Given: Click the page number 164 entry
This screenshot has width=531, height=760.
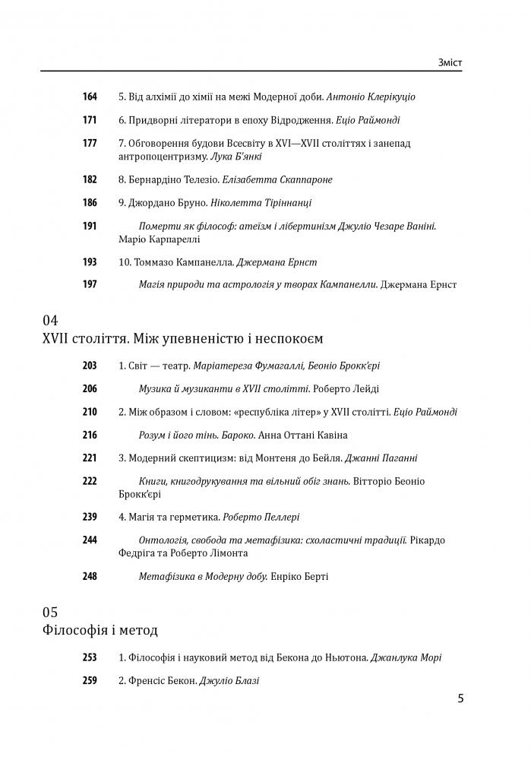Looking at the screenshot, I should click(x=90, y=97).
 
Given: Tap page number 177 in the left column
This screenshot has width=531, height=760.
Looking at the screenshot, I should click(x=90, y=144).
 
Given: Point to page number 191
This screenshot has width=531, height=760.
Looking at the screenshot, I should click(x=90, y=226).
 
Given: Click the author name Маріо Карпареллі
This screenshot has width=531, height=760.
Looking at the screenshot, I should click(x=159, y=239).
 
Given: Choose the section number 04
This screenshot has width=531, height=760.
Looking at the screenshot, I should click(x=51, y=321).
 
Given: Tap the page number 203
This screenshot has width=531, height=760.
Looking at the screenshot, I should click(x=90, y=366).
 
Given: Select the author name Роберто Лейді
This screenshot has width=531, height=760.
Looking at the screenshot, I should click(x=346, y=389).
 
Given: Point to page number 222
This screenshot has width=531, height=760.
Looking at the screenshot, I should click(x=90, y=482).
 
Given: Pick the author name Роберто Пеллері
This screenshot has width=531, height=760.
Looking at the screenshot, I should click(x=261, y=517).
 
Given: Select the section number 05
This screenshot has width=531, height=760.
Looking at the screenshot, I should click(x=51, y=613).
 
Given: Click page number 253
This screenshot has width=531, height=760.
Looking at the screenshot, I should click(x=90, y=657).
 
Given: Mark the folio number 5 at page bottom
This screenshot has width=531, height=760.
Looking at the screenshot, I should click(x=461, y=698).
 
